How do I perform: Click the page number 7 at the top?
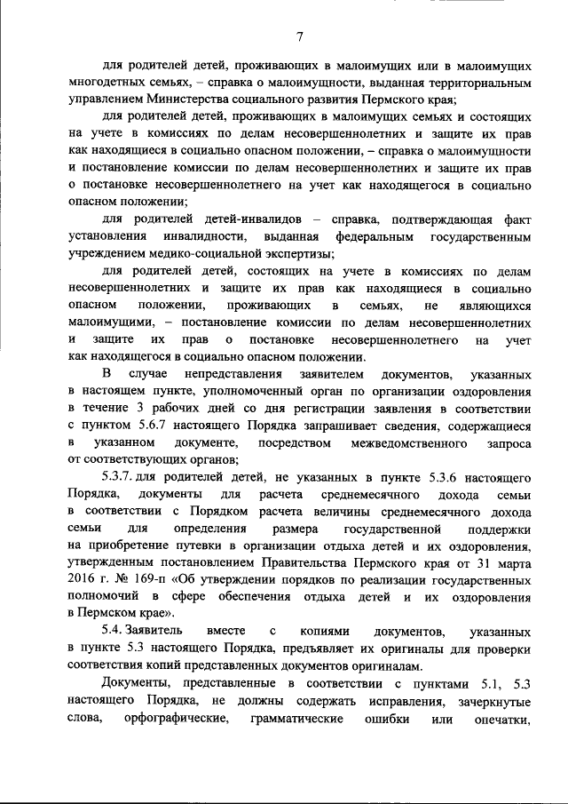coord(299,36)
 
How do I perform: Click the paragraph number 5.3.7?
coord(122,477)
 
